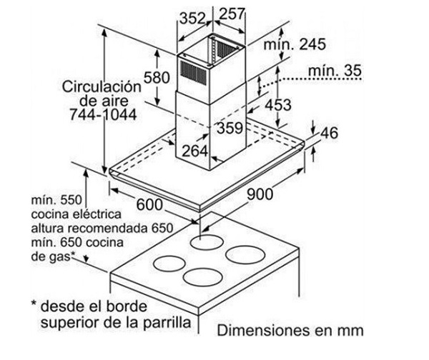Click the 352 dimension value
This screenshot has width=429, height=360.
[192, 19]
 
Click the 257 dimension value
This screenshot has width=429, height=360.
[232, 14]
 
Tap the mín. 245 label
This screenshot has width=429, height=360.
[295, 44]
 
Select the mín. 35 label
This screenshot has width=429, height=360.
[335, 71]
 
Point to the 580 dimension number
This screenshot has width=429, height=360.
[157, 77]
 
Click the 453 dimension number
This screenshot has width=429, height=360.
[278, 105]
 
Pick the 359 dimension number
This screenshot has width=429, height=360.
[230, 128]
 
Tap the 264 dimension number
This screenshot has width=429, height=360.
[194, 151]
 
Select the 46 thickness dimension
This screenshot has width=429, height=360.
[329, 133]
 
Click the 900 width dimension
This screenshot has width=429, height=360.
[260, 194]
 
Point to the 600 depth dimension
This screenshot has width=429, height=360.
[149, 204]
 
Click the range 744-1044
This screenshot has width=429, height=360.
[103, 114]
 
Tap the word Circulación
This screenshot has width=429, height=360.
[102, 86]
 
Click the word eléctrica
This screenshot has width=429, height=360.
[97, 214]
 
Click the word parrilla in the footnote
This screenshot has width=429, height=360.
[167, 323]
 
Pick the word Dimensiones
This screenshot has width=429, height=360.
[264, 330]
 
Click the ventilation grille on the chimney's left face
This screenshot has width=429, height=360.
[194, 72]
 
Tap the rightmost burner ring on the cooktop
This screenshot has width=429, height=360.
[245, 255]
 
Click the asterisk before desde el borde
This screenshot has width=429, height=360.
[34, 304]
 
